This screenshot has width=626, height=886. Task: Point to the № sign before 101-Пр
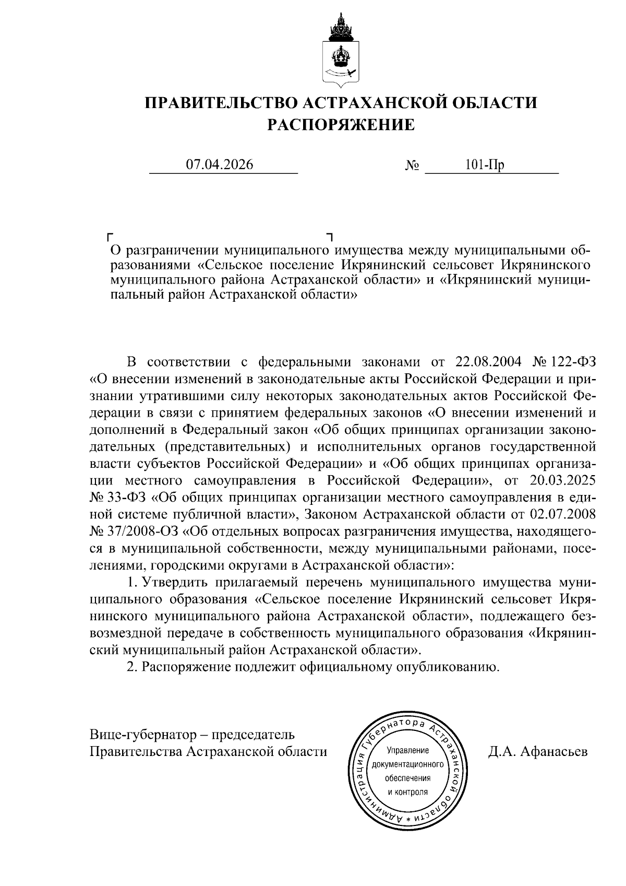pos(412,166)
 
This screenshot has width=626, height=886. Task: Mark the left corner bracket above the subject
pos(110,237)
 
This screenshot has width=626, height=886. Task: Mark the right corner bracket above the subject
pos(329,237)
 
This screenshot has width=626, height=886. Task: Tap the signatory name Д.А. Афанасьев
pos(538,752)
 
